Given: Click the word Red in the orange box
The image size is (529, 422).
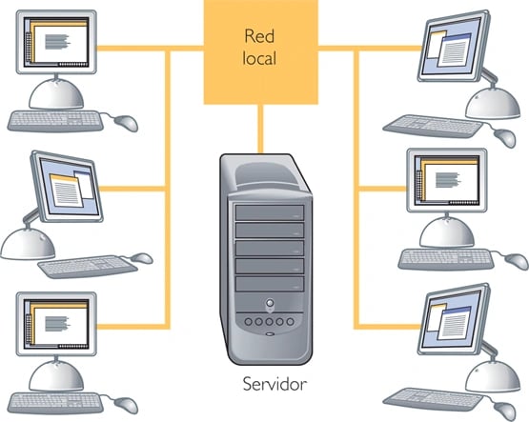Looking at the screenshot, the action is tap(259, 36).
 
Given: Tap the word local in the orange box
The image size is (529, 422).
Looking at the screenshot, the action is tap(259, 58).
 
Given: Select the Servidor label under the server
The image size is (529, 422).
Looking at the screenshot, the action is tap(275, 384).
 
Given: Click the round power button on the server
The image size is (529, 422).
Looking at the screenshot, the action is tap(270, 302).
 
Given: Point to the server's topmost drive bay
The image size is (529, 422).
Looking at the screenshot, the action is tap(270, 212).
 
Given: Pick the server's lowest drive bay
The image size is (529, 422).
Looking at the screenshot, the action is tap(270, 284).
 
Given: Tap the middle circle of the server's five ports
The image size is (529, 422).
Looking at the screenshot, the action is tap(269, 322).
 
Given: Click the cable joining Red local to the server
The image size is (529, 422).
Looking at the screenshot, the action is tap(260, 130).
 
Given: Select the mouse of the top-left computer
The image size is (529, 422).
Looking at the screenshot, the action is tap(126, 123).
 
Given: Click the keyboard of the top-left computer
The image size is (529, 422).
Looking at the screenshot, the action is tap(55, 122).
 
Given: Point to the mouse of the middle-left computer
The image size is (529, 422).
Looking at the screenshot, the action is tap(142, 258).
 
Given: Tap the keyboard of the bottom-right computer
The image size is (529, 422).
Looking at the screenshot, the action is tap(433, 400).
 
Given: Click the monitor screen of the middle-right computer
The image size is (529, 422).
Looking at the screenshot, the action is tap(447, 180).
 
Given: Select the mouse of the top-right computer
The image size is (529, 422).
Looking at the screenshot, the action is tap(505, 137).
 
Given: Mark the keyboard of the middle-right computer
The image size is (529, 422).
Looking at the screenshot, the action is tap(446, 259).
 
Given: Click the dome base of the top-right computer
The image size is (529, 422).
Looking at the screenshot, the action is tap(493, 103).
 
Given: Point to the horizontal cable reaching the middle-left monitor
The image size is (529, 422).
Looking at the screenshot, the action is tap(133, 189).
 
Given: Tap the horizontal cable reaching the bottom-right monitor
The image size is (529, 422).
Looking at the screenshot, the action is tap(389, 327).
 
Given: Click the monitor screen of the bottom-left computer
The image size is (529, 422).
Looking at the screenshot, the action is tap(56, 324).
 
